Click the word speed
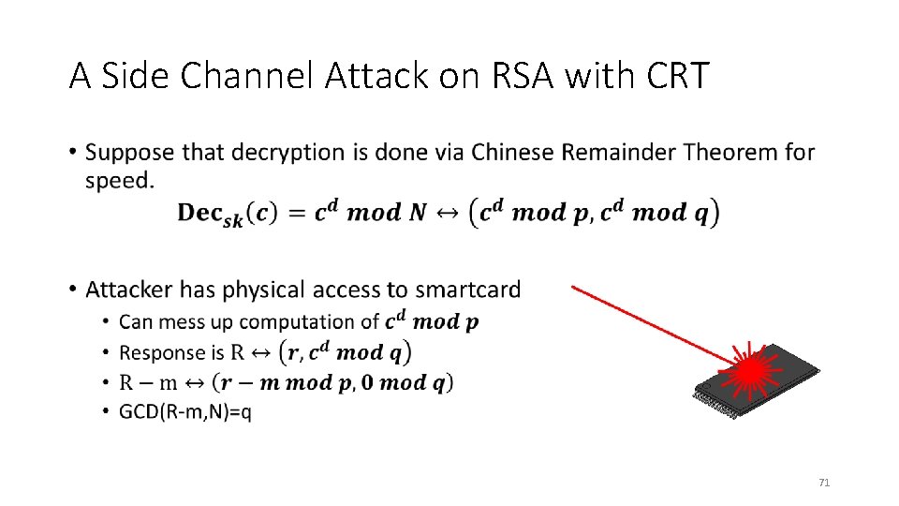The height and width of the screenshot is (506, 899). (119, 181)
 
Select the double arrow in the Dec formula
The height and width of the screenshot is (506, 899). (449, 213)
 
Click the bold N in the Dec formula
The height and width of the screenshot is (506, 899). (415, 213)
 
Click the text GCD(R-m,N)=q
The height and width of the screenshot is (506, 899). (185, 412)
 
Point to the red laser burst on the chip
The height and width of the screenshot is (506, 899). (750, 372)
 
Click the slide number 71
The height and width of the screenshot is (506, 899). (824, 483)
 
